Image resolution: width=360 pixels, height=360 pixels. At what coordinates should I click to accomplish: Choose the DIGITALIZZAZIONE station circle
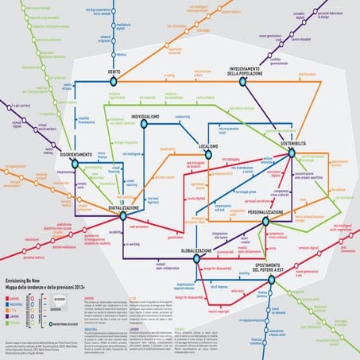pyautogui.click(x=123, y=215)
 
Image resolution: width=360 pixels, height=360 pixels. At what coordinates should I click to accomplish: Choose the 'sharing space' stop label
pyautogui.click(x=308, y=74)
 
